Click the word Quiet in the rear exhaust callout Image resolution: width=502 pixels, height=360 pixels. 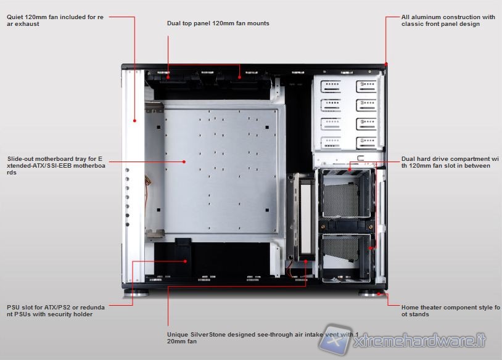tap(16, 17)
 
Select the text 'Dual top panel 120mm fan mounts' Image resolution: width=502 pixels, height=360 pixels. tap(218, 23)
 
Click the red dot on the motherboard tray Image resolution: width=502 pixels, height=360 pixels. tap(184, 162)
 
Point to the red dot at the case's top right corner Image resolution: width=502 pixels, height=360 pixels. tap(386, 64)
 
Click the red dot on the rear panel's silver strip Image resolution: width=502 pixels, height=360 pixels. tap(134, 121)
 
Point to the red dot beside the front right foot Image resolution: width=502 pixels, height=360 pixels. tap(387, 295)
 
